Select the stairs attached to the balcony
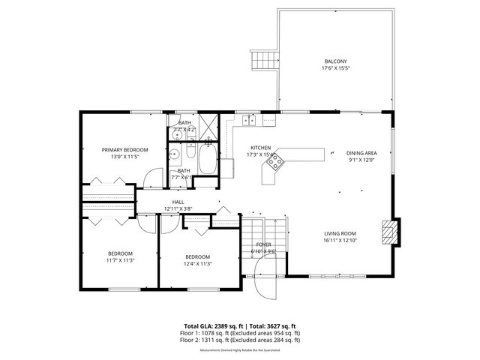(263, 61)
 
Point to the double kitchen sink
(249, 119)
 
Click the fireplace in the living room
(388, 232)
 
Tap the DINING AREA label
(361, 153)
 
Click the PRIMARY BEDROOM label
(125, 150)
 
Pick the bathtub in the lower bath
(207, 158)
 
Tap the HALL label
(178, 202)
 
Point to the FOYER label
(263, 244)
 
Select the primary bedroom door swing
(153, 177)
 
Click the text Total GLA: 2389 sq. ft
(211, 325)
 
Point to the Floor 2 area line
(240, 340)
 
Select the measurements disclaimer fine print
(240, 348)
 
